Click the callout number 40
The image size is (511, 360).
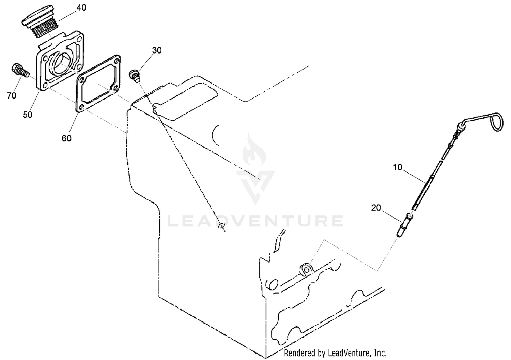[x=81, y=8]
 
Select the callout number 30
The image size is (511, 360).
[x=157, y=50]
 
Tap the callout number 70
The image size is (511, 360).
[x=12, y=96]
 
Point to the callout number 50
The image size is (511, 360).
[x=27, y=115]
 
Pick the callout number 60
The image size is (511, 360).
[x=66, y=138]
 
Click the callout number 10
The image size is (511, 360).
[x=398, y=167]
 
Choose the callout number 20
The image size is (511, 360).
[x=376, y=208]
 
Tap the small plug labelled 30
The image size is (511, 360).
[x=135, y=76]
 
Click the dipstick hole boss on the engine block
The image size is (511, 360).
[x=306, y=269]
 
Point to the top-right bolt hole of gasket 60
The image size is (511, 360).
[x=117, y=61]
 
